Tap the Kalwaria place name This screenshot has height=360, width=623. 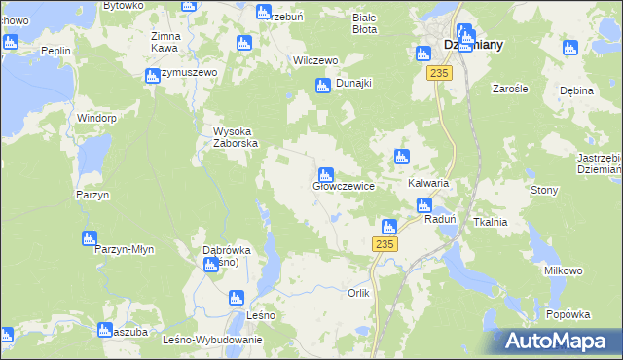(426, 183)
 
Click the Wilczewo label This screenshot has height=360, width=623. (315, 60)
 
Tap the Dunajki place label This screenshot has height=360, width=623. (354, 84)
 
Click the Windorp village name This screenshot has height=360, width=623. (97, 118)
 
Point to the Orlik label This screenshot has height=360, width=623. (359, 293)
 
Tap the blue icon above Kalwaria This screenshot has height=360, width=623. (400, 157)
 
